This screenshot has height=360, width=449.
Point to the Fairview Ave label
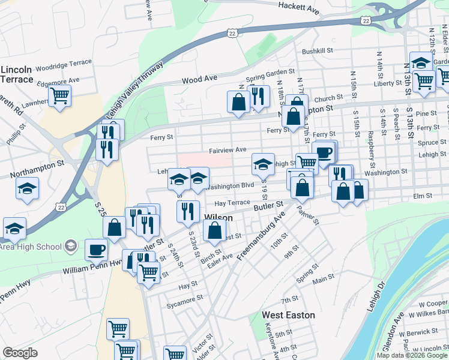pyautogui.click(x=228, y=149)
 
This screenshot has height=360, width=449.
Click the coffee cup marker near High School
pyautogui.click(x=95, y=250)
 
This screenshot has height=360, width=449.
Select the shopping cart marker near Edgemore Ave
pyautogui.click(x=59, y=95)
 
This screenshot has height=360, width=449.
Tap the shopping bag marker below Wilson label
pyautogui.click(x=214, y=229)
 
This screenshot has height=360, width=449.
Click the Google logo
pyautogui.click(x=20, y=353)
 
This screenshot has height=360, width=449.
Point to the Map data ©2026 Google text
pyautogui.click(x=412, y=355)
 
